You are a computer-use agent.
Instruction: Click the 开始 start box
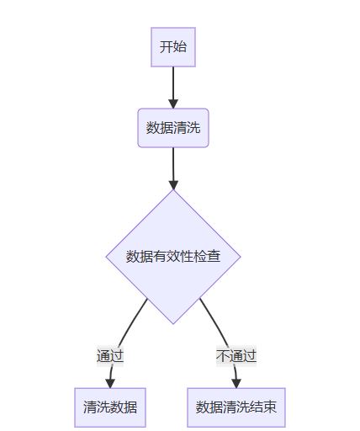173,47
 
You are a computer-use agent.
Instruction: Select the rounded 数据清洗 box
173,128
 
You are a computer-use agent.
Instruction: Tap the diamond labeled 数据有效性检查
173,257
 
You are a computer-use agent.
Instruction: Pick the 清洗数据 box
110,407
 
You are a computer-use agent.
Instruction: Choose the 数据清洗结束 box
236,407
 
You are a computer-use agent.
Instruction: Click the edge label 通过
110,356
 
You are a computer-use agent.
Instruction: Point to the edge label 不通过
236,356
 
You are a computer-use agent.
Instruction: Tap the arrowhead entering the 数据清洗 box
173,104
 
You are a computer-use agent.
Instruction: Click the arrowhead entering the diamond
173,185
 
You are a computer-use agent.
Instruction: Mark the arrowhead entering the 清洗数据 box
110,383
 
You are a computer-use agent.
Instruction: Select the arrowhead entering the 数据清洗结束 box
236,383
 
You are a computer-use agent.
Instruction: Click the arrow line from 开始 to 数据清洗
173,88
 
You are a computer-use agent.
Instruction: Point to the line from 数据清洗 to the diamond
173,168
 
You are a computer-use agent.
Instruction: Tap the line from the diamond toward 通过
132,322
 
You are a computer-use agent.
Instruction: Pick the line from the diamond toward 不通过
214,322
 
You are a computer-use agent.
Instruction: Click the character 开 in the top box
166,47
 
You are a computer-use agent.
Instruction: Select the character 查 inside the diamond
214,257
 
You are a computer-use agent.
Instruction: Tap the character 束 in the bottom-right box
270,407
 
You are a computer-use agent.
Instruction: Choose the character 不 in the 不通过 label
223,356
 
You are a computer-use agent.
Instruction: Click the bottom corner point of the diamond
173,324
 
